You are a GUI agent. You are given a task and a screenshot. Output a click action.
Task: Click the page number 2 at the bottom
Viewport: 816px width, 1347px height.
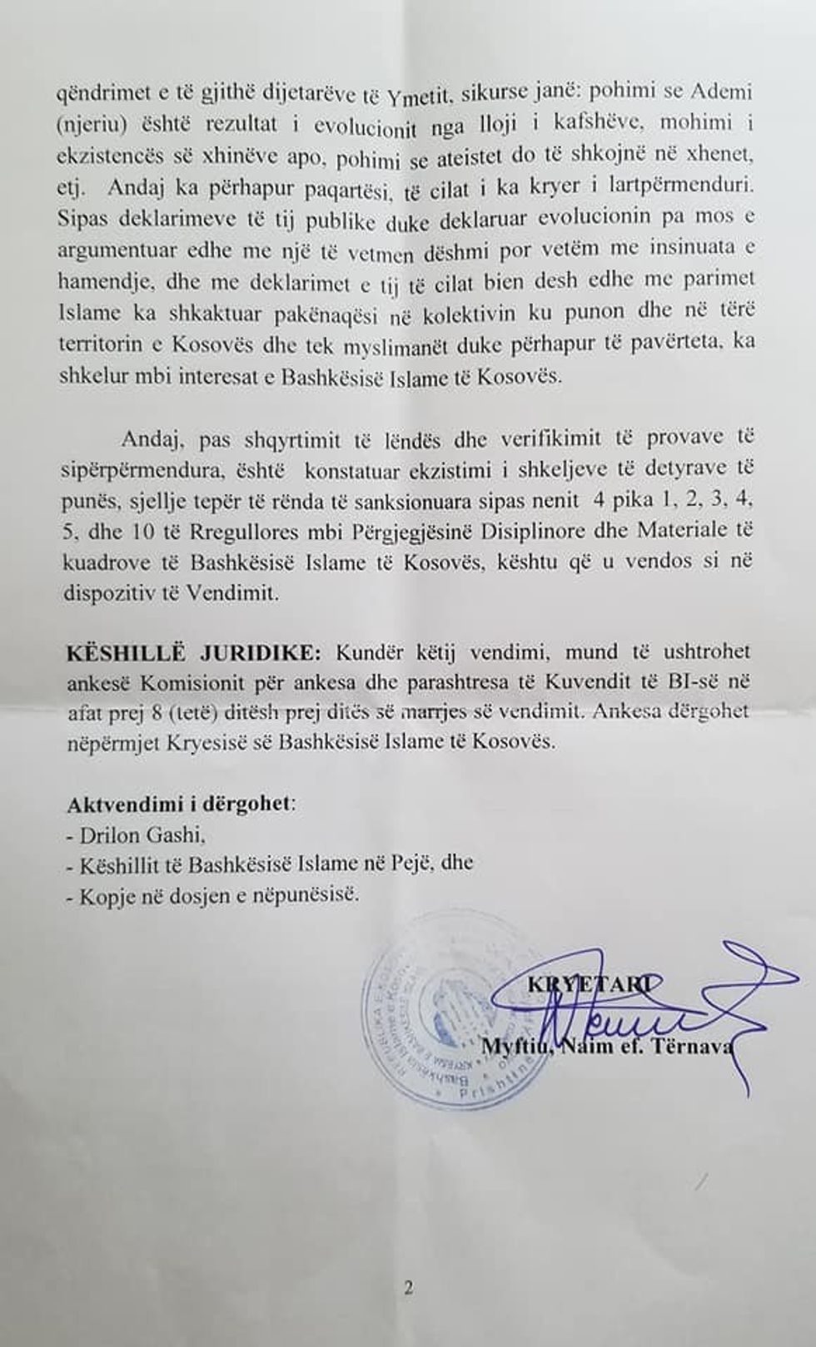pos(408,1289)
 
